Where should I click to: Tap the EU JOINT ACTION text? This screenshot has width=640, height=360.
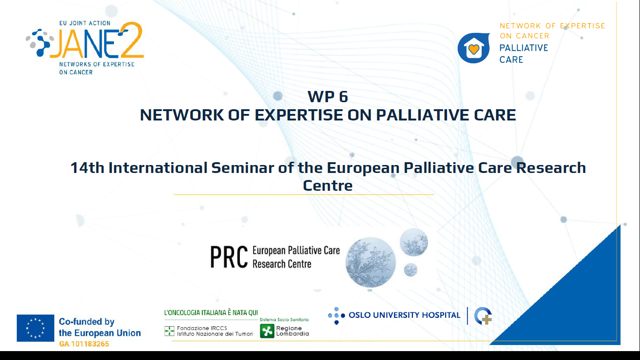[85, 23]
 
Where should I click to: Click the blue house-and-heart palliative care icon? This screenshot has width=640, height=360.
[474, 48]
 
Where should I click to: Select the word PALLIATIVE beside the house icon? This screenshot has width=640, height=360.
[524, 48]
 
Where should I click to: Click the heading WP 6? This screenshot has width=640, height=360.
[327, 97]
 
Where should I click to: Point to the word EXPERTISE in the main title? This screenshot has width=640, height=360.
[298, 115]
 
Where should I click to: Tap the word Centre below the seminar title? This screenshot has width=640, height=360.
[327, 186]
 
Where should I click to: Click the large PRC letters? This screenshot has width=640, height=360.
[229, 257]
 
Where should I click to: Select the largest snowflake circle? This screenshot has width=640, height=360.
[371, 262]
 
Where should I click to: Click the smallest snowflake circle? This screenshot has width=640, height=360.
[410, 270]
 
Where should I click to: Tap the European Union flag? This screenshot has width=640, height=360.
[36, 328]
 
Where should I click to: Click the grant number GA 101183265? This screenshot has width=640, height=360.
[84, 344]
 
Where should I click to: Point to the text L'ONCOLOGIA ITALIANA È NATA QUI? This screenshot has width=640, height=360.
[211, 313]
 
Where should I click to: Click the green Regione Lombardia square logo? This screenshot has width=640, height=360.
[267, 331]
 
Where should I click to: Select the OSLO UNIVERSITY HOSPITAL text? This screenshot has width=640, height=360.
[404, 315]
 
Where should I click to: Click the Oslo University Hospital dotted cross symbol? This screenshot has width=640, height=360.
[336, 315]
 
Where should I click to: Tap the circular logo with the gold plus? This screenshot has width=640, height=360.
[483, 316]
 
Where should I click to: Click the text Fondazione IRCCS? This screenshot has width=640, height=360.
[202, 328]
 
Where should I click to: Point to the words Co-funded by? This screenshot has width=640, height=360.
[87, 322]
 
